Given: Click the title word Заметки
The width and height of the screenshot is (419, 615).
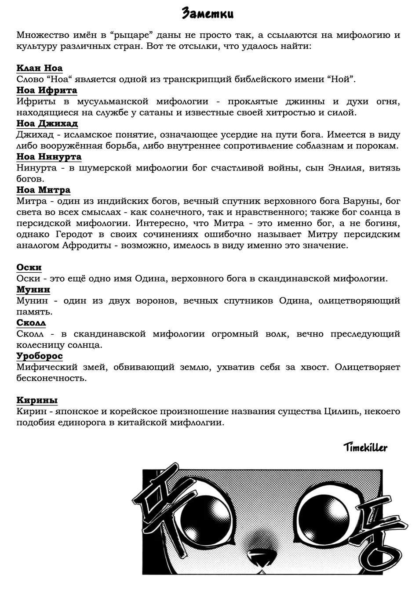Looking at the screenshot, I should [208, 14].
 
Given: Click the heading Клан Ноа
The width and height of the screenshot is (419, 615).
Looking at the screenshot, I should [40, 68].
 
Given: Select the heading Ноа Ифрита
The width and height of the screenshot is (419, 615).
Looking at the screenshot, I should [47, 90].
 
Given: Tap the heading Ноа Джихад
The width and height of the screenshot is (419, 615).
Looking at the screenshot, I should [47, 123].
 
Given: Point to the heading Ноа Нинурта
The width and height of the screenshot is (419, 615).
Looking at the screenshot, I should [49, 157].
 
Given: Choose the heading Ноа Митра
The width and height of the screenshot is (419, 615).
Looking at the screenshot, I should [43, 190].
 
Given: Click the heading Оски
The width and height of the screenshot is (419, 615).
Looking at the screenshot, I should [29, 268].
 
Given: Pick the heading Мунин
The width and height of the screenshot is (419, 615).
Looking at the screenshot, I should [33, 289].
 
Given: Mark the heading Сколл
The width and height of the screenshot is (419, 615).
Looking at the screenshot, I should [31, 323].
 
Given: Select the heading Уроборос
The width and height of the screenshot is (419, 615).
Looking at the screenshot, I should [40, 356].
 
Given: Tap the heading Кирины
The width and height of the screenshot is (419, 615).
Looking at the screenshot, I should [37, 400].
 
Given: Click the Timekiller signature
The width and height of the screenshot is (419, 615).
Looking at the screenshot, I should [365, 447].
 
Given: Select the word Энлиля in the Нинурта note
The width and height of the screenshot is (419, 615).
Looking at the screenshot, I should [348, 168].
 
